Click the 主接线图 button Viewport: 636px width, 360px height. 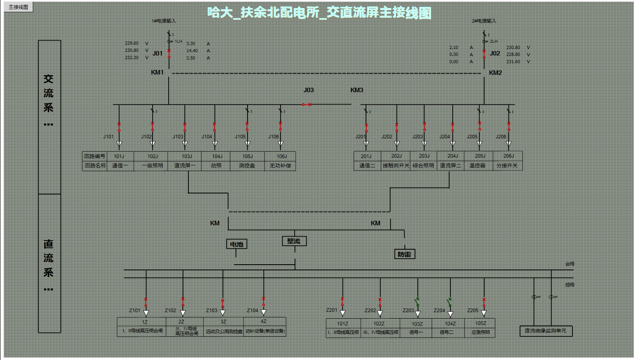pos(19,7)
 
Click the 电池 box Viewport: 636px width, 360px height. pos(237,244)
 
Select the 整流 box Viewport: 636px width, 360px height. pos(294,241)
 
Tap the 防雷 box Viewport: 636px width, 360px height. pos(404,254)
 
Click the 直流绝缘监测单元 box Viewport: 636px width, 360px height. pos(545,331)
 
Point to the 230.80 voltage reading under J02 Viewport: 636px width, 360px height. pos(513,47)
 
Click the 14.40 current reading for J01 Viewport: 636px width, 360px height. pos(192,51)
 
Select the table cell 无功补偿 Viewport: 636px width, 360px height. pos(280,166)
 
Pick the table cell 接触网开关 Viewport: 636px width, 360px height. pos(396,165)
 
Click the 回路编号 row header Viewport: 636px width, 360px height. pos(95,156)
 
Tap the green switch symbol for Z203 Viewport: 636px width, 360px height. pos(417,302)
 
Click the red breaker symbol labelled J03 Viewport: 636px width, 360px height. pos(307,105)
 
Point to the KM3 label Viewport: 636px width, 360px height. pos(357,90)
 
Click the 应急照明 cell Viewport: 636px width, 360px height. pos(480,332)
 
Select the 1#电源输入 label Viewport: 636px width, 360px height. pos(163,21)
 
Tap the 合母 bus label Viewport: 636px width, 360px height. pos(570,264)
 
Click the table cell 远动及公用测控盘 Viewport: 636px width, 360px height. pos(224,331)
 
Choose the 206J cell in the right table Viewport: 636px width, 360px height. pos(508,156)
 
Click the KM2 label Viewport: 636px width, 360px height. pos(495,73)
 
